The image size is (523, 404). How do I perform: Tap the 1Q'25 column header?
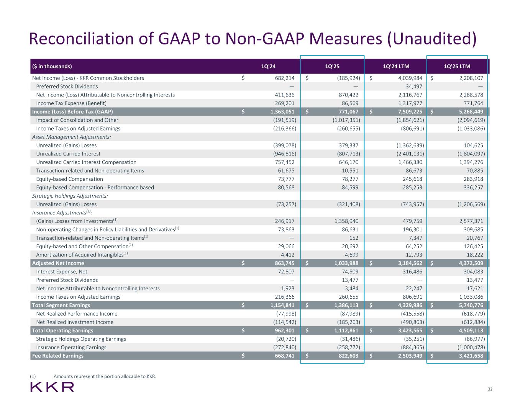[x=332, y=66]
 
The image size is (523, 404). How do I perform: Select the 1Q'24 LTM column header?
[x=396, y=66]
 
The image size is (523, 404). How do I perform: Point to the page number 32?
[x=490, y=389]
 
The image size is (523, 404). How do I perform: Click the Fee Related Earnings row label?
[x=58, y=356]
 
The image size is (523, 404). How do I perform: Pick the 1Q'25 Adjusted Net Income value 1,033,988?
[x=344, y=263]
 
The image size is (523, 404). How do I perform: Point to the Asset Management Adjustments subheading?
[x=72, y=137]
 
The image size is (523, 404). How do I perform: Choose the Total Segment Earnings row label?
[x=61, y=305]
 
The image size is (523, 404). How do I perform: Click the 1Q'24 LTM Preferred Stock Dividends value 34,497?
[x=412, y=87]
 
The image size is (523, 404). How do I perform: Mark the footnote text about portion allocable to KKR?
[x=105, y=376]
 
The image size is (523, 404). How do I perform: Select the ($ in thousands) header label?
[x=52, y=66]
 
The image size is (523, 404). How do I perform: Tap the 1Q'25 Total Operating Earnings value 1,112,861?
[x=344, y=330]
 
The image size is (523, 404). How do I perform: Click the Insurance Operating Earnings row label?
[x=71, y=347]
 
